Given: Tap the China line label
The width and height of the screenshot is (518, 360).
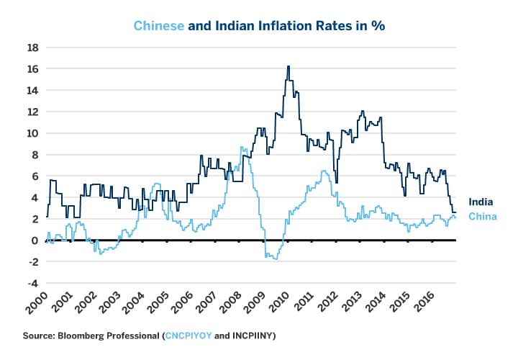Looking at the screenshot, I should tap(482, 217).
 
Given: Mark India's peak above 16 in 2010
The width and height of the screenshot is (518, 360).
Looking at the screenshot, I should tap(288, 66).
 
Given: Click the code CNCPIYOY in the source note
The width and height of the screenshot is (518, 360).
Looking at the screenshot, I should tap(190, 336).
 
